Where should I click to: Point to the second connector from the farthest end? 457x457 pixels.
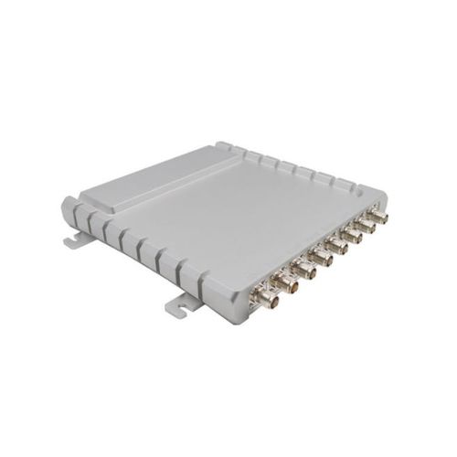(366, 227)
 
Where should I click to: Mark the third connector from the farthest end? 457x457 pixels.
(352, 236)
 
